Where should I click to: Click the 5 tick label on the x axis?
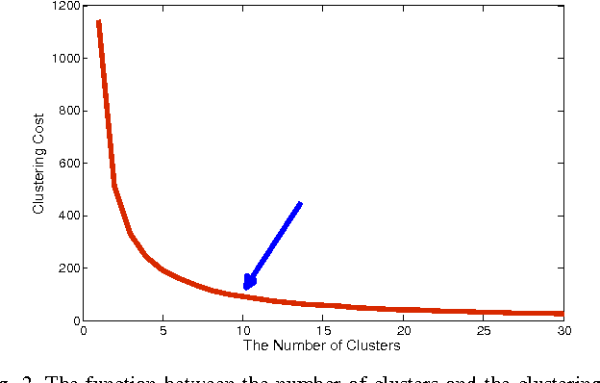[162, 330]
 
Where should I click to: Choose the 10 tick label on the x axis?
[242, 330]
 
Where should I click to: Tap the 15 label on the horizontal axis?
[323, 330]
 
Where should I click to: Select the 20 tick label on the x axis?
[403, 330]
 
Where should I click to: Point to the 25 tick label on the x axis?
[484, 330]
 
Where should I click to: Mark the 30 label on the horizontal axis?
[563, 330]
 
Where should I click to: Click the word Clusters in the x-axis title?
[376, 345]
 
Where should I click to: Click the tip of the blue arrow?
[245, 289]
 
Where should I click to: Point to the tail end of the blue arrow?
[301, 203]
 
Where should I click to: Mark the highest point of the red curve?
[98, 20]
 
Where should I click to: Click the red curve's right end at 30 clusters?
[562, 314]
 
